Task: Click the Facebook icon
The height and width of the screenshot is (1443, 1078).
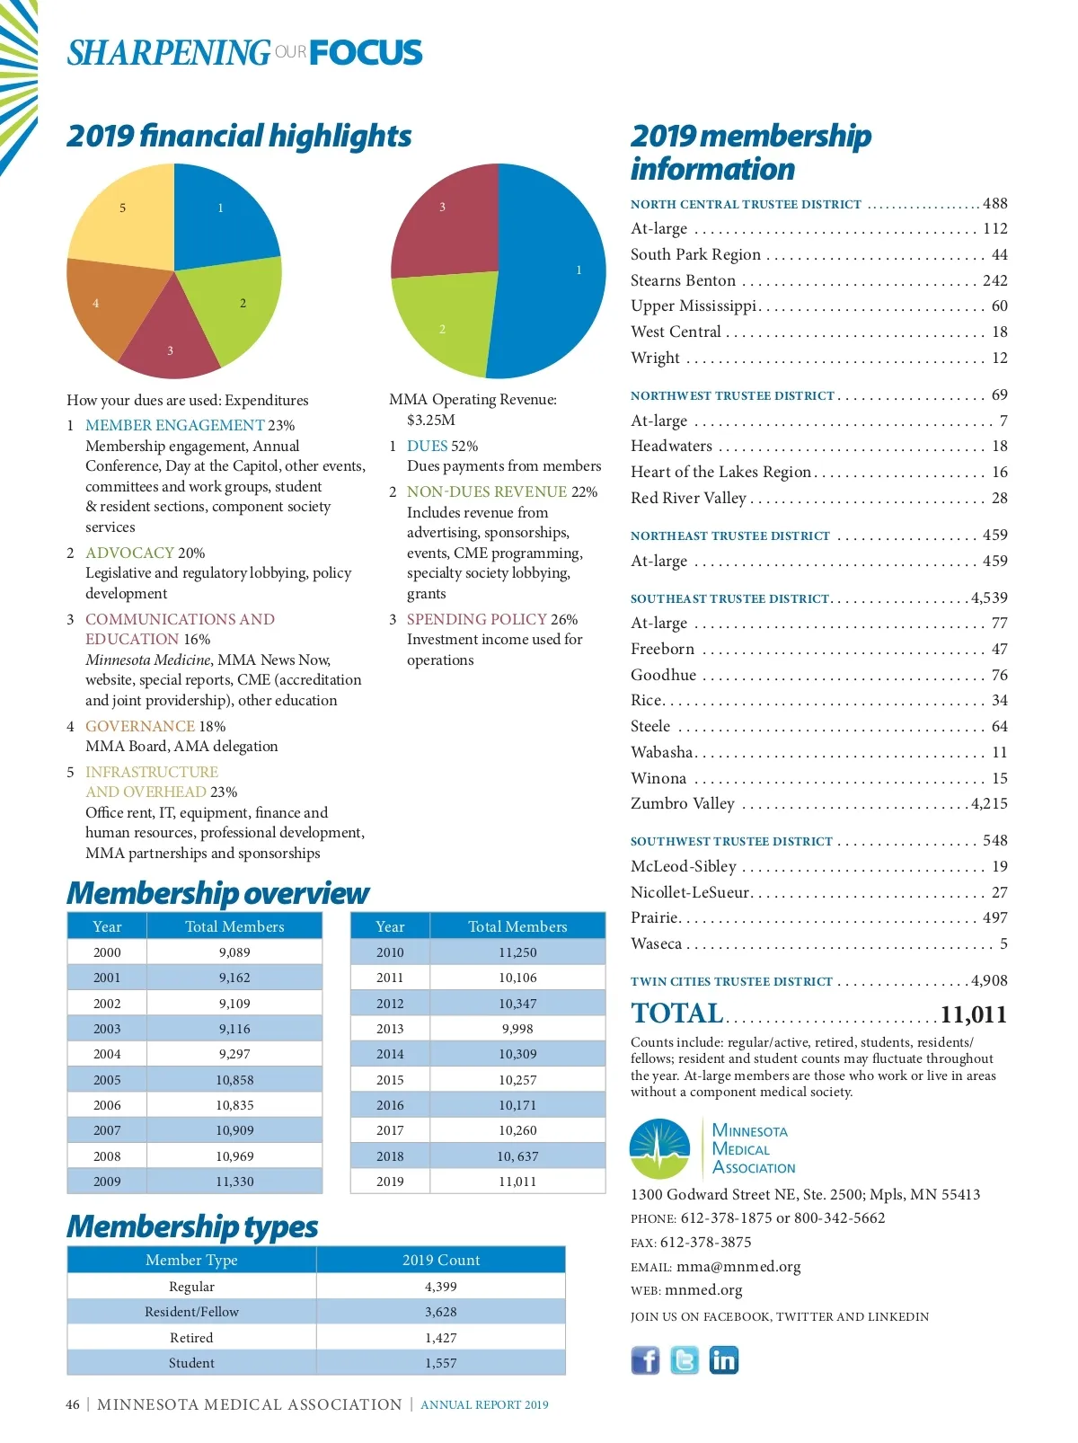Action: pos(645,1360)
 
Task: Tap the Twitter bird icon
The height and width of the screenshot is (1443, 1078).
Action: pos(685,1360)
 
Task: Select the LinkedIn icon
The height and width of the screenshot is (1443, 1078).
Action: pos(723,1360)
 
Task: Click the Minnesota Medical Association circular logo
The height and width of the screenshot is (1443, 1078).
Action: pos(660,1148)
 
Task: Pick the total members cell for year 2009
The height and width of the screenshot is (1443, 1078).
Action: pos(234,1182)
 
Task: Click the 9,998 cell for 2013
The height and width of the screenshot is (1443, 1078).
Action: pos(517,1029)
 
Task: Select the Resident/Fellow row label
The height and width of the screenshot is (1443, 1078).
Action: pos(191,1312)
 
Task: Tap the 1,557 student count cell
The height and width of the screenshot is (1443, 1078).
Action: pos(441,1363)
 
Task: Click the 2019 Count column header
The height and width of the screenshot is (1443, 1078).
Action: pos(441,1260)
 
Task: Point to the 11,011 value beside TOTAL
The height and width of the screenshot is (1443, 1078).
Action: pos(973,1015)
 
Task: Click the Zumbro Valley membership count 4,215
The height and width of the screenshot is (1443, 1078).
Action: pos(989,804)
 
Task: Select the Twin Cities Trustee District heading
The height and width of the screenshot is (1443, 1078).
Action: pos(731,981)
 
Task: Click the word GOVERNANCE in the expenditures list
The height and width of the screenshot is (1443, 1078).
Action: pos(140,726)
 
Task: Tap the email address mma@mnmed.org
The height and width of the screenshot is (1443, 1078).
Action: pos(738,1267)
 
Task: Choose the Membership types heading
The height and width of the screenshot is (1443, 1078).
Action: pos(192,1226)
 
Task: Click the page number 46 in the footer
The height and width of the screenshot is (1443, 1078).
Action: pos(73,1404)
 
